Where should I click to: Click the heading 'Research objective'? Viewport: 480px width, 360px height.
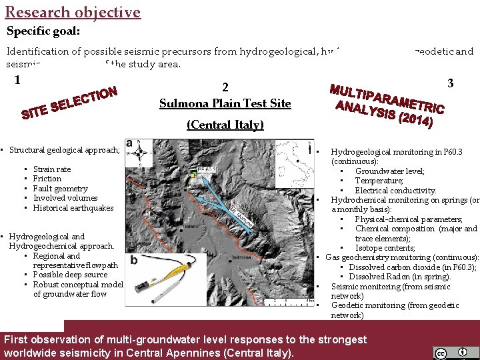coord(73,12)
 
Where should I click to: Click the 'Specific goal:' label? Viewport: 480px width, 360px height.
coord(43,31)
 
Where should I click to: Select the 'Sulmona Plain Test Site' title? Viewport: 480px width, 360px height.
coord(225,103)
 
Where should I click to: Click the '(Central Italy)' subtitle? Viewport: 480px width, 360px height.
coord(225,125)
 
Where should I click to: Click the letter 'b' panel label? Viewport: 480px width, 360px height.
coord(134,259)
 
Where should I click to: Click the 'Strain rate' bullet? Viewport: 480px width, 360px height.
coord(52,169)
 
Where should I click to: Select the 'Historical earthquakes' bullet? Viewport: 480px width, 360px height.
coord(73,208)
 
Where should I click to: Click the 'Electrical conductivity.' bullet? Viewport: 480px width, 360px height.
coord(395,191)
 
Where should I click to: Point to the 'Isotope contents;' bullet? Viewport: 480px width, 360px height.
coord(387,248)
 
